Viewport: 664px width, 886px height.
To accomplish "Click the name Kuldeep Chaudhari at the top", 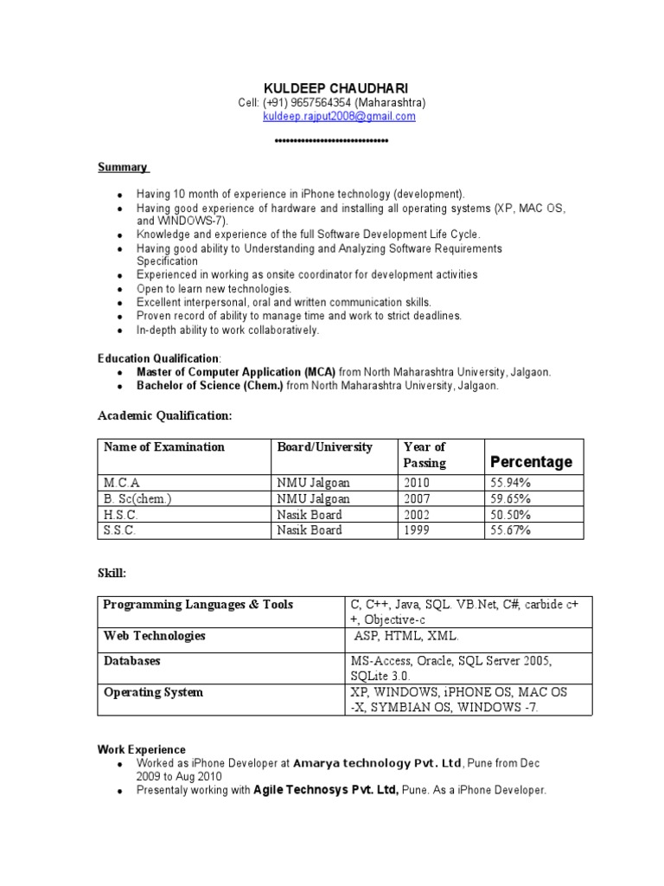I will pyautogui.click(x=332, y=88).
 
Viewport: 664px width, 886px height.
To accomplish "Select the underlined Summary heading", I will pyautogui.click(x=123, y=167).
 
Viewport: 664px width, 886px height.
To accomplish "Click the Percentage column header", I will pyautogui.click(x=531, y=462).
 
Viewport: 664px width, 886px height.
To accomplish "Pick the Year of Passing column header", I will pyautogui.click(x=425, y=454).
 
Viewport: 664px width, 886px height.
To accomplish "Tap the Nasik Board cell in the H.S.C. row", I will pyautogui.click(x=309, y=515).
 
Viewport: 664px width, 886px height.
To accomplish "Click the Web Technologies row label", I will pyautogui.click(x=155, y=636).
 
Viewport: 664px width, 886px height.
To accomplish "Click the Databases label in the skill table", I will pyautogui.click(x=132, y=661).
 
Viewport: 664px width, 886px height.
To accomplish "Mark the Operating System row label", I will pyautogui.click(x=154, y=692).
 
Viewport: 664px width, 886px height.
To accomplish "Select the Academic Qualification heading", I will pyautogui.click(x=164, y=416).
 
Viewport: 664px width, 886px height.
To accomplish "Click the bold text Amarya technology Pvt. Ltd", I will pyautogui.click(x=378, y=763).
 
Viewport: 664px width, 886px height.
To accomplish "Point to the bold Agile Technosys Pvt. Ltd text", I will pyautogui.click(x=325, y=791).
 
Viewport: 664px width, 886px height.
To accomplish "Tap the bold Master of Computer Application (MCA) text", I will pyautogui.click(x=236, y=372).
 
